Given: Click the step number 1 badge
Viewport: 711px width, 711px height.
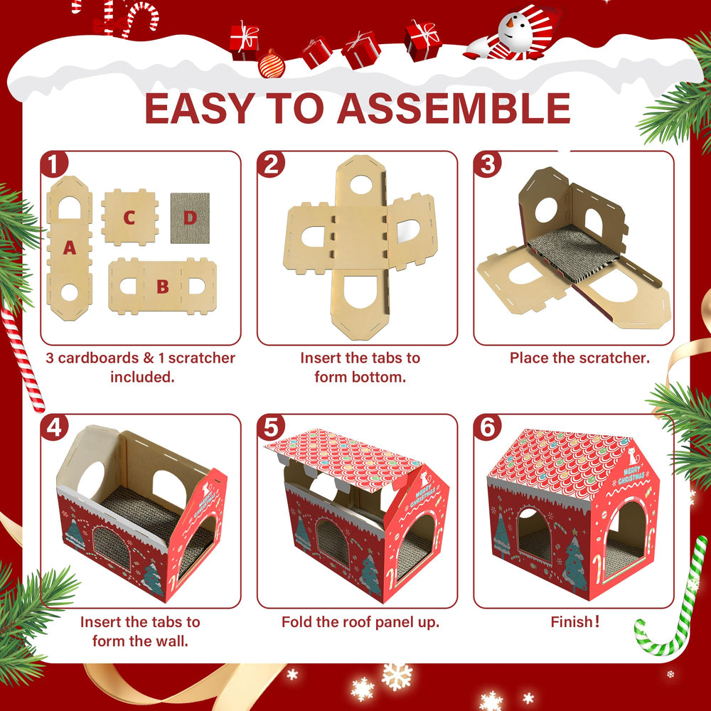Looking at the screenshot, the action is click(x=54, y=164).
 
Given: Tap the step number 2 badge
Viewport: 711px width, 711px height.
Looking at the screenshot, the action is click(x=271, y=164).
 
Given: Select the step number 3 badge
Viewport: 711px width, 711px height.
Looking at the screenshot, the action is click(x=488, y=164).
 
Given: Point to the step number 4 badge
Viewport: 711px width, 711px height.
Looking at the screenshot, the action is click(x=54, y=427).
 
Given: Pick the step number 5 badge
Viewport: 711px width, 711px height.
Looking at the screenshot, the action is click(x=271, y=427).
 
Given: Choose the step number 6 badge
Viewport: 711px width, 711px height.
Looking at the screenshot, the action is click(x=488, y=427).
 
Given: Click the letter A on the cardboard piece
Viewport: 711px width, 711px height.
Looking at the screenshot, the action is click(x=70, y=247).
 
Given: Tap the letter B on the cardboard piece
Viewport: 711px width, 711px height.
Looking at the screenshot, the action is click(x=163, y=287).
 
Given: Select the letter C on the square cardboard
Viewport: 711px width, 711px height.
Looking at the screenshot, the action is click(x=129, y=218).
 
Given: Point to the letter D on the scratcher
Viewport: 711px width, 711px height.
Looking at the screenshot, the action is click(x=190, y=218).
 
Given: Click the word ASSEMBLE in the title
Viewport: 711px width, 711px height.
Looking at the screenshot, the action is click(x=454, y=108).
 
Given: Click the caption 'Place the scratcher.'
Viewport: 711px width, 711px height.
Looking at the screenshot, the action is click(x=579, y=358).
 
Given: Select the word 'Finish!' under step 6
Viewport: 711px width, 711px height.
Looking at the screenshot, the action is click(x=575, y=621).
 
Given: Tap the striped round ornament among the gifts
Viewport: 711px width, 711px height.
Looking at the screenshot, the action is click(x=272, y=65).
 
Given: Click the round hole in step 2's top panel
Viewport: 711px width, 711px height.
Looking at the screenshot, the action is click(x=361, y=185).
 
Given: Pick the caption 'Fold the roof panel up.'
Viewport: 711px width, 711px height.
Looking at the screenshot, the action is click(x=360, y=621).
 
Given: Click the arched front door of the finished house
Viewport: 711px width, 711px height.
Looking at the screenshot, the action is click(x=625, y=538).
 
